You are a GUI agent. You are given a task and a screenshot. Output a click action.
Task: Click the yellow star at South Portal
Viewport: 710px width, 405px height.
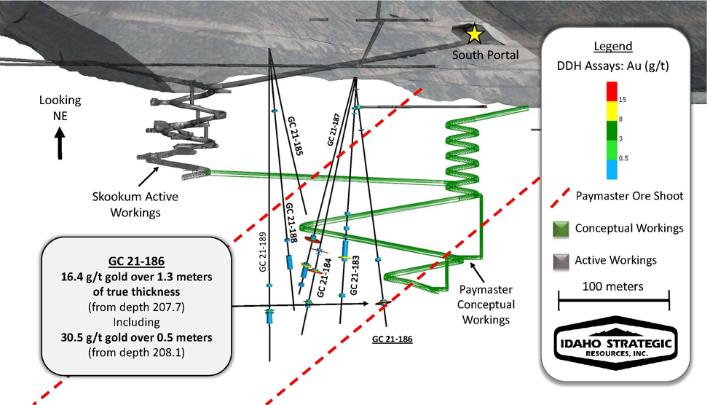[475, 33]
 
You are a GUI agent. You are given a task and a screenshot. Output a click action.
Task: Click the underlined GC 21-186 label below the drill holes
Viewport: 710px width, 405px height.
[392, 339]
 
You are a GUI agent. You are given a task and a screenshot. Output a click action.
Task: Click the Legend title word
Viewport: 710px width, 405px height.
[612, 47]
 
